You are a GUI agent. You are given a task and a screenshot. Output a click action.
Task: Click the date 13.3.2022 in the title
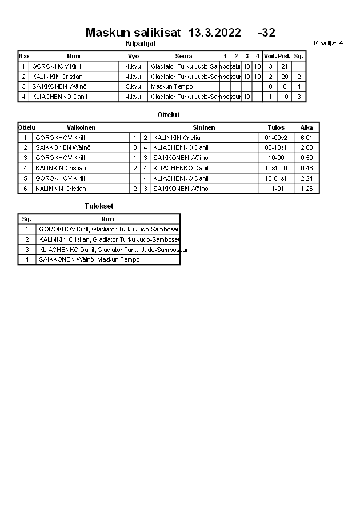click(x=214, y=33)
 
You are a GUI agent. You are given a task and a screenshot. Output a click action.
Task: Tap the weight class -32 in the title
click(x=267, y=33)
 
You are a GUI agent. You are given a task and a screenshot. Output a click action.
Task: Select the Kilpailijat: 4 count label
click(x=329, y=43)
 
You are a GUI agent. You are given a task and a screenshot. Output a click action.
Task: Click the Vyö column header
click(x=133, y=56)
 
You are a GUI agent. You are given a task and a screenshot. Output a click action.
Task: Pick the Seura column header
click(x=183, y=56)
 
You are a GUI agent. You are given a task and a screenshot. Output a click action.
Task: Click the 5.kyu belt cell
click(x=133, y=87)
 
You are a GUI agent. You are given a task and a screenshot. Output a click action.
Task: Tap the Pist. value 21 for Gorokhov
click(x=285, y=66)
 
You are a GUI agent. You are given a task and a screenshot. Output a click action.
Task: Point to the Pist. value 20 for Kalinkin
click(x=285, y=77)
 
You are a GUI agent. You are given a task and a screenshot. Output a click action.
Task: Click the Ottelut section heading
click(x=169, y=115)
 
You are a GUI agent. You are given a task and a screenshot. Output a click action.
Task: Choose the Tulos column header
click(x=276, y=127)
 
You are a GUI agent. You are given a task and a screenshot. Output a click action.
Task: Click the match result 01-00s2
click(x=276, y=138)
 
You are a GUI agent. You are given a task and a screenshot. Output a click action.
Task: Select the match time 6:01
click(x=307, y=138)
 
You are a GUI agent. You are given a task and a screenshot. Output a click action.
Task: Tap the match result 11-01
click(x=276, y=189)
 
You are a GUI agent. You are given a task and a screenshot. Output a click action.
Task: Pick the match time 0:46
click(x=307, y=168)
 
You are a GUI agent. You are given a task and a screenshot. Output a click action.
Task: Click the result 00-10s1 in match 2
click(x=276, y=148)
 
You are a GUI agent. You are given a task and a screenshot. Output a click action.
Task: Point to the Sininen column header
click(x=204, y=127)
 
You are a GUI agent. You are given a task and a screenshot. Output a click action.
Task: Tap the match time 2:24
click(x=307, y=178)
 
